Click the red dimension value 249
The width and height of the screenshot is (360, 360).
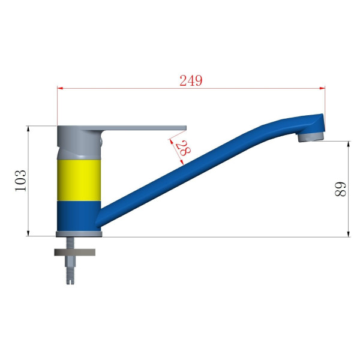(191, 80)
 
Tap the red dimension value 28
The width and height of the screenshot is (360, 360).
(183, 148)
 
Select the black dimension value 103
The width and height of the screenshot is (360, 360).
(20, 181)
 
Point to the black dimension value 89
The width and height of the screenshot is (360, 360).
(340, 189)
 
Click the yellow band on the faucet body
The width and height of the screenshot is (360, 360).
(79, 180)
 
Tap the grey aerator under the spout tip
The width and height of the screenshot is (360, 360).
(311, 137)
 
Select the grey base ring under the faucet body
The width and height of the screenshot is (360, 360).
(79, 234)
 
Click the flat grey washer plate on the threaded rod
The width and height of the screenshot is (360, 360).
(74, 253)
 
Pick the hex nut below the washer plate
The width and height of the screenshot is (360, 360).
(70, 261)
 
